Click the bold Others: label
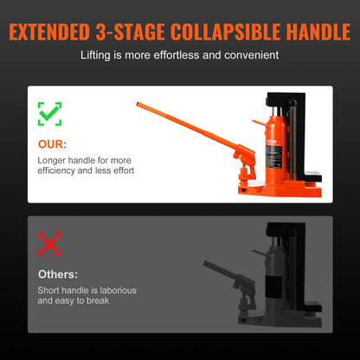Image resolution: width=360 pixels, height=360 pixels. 56,274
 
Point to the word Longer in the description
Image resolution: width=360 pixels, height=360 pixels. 51,160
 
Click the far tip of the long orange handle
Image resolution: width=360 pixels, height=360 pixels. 136,106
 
